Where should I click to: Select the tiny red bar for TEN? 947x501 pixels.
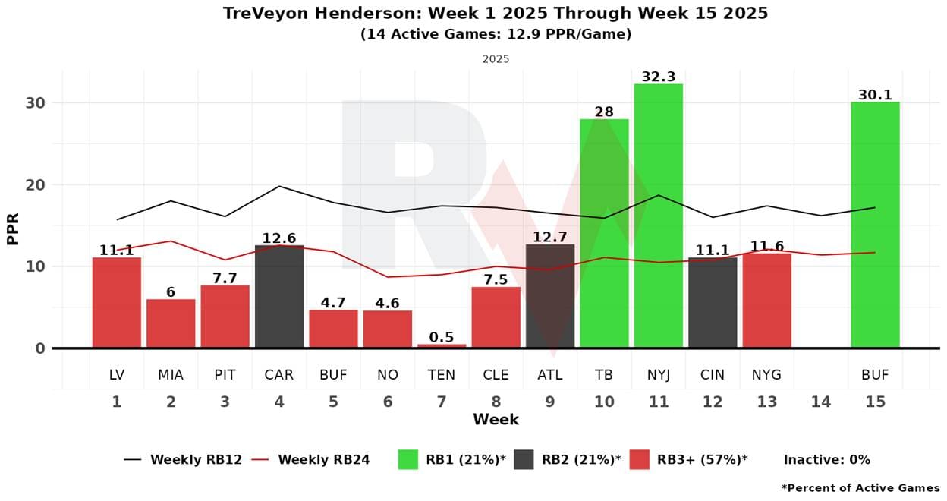pyautogui.click(x=442, y=345)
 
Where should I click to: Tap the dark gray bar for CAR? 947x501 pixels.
pyautogui.click(x=279, y=296)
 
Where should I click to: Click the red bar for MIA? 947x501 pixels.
pyautogui.click(x=171, y=323)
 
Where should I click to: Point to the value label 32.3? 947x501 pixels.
pyautogui.click(x=658, y=77)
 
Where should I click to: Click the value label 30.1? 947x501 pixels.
pyautogui.click(x=875, y=95)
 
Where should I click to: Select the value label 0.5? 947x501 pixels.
pyautogui.click(x=442, y=337)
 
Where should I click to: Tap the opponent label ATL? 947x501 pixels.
pyautogui.click(x=550, y=375)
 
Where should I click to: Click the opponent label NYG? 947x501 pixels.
pyautogui.click(x=766, y=375)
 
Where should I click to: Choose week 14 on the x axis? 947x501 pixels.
pyautogui.click(x=821, y=402)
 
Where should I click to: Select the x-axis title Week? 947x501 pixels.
pyautogui.click(x=496, y=420)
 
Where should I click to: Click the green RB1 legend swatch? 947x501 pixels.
pyautogui.click(x=408, y=459)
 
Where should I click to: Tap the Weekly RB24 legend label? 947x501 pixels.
pyautogui.click(x=323, y=459)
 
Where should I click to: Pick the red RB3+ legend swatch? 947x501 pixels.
pyautogui.click(x=640, y=459)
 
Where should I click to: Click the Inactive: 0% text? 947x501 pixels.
pyautogui.click(x=826, y=459)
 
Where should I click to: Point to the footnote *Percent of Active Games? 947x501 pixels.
pyautogui.click(x=860, y=487)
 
